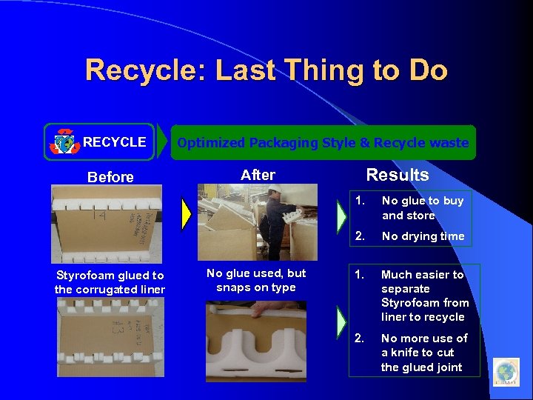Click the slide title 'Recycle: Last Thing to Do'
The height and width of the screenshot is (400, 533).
click(x=266, y=71)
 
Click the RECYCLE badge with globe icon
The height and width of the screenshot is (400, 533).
click(x=99, y=142)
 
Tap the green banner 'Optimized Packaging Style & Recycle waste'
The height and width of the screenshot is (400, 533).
click(x=322, y=142)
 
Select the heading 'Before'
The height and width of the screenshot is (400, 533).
click(x=110, y=177)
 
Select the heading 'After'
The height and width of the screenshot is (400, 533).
click(x=258, y=176)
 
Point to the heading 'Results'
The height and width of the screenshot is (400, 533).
click(x=398, y=176)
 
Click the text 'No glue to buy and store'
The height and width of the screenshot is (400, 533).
click(x=422, y=208)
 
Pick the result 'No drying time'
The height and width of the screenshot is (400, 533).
click(x=423, y=236)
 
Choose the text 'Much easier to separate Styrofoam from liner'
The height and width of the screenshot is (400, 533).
click(x=423, y=296)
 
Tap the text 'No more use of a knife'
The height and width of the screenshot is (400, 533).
click(x=423, y=353)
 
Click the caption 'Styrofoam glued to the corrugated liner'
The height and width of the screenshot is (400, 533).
click(x=110, y=283)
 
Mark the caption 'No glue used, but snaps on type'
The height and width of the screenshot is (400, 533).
click(x=256, y=281)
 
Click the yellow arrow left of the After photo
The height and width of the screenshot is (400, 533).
click(x=187, y=215)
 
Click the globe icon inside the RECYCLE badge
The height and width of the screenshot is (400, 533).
click(x=64, y=142)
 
